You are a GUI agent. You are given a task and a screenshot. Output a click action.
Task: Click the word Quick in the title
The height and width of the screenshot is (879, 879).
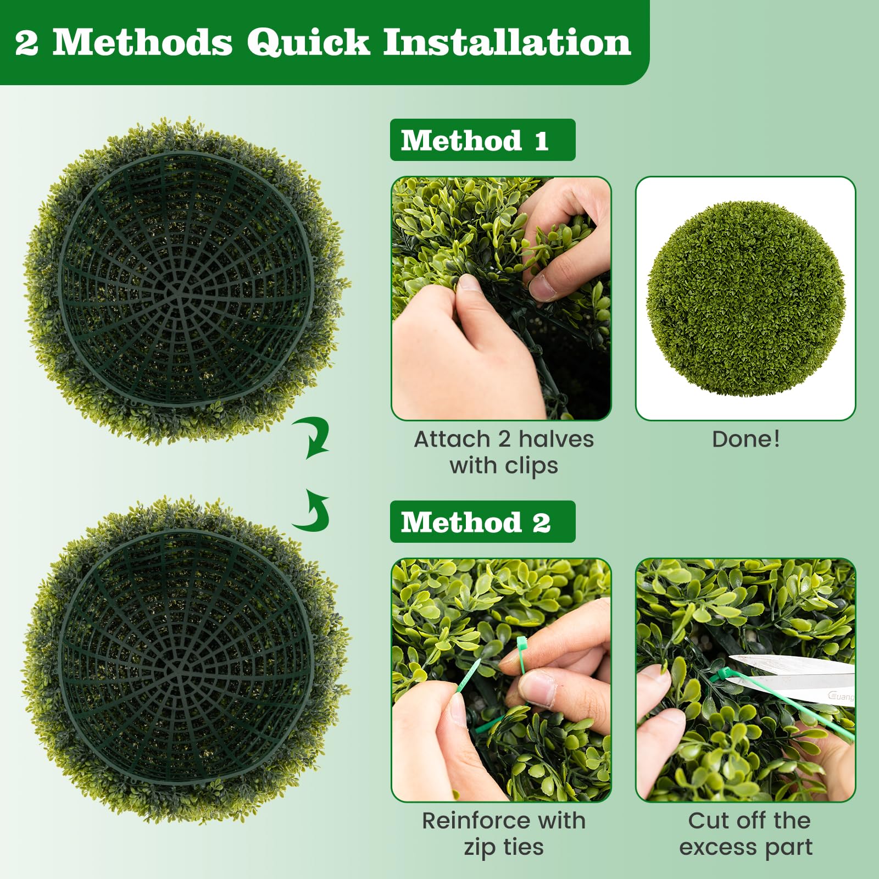pyautogui.click(x=308, y=43)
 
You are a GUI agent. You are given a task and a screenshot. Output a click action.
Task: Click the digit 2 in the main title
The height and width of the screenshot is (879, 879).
pyautogui.click(x=26, y=43)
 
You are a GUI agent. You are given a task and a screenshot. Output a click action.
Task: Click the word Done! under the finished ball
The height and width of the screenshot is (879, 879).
pyautogui.click(x=746, y=439)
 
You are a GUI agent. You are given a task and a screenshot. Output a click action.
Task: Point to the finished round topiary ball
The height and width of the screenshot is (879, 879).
pyautogui.click(x=746, y=298)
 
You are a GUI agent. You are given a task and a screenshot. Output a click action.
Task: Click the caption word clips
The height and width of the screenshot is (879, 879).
pyautogui.click(x=531, y=466)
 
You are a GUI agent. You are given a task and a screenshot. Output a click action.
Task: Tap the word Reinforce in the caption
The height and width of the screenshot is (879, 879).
pyautogui.click(x=469, y=821)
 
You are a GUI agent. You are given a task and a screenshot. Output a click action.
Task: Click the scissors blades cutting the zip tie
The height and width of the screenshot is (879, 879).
pyautogui.click(x=791, y=677)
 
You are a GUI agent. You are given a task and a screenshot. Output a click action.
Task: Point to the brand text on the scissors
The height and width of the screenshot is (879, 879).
pyautogui.click(x=841, y=697)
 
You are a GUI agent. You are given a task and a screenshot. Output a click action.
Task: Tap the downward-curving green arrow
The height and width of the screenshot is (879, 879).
pyautogui.click(x=313, y=437)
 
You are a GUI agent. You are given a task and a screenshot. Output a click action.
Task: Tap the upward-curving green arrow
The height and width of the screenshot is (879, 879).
pyautogui.click(x=313, y=511)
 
